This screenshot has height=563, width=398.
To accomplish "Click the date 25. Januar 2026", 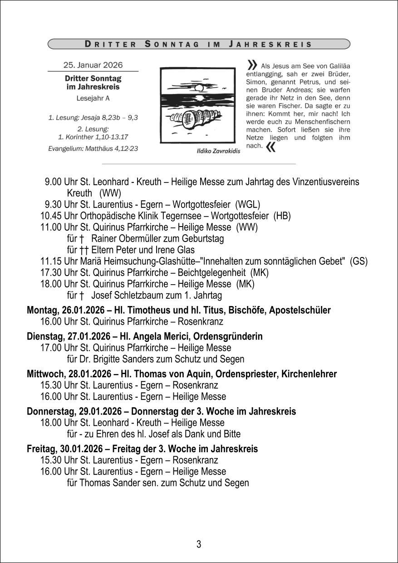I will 93,65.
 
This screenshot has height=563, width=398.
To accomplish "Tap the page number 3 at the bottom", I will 199,544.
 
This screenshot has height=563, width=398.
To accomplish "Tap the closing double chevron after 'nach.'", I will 271,147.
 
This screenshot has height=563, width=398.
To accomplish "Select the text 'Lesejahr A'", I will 93,98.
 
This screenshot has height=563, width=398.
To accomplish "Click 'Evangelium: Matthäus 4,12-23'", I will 93,148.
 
